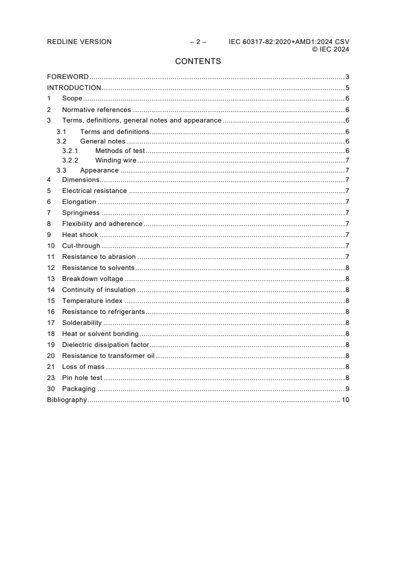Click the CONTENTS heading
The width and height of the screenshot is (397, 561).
point(198,61)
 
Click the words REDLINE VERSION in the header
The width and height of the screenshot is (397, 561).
point(79,42)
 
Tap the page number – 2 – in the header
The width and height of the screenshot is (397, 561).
point(198,42)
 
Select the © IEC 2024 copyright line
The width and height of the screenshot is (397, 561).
point(330,49)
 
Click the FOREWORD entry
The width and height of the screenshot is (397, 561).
point(68,77)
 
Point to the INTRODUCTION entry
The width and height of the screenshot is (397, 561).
point(74,88)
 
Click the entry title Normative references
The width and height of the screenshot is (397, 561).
point(96,110)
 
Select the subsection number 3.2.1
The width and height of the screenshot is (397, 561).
point(70,150)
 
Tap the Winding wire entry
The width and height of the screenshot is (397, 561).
point(116,160)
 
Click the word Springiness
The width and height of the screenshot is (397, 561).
point(81,213)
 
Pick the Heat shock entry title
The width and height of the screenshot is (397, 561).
point(80,235)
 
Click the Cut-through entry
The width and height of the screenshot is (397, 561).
point(81,245)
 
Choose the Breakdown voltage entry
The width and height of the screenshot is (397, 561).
point(93,278)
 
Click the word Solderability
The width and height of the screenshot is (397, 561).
point(82,322)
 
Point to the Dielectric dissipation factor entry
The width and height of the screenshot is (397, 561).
point(106,344)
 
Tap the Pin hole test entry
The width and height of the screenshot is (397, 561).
point(82,378)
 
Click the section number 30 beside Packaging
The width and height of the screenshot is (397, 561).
point(51,389)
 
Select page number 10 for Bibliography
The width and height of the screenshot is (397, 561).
point(345,400)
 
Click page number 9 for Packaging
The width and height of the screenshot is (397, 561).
point(347,389)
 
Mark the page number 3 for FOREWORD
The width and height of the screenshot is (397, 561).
point(347,77)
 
